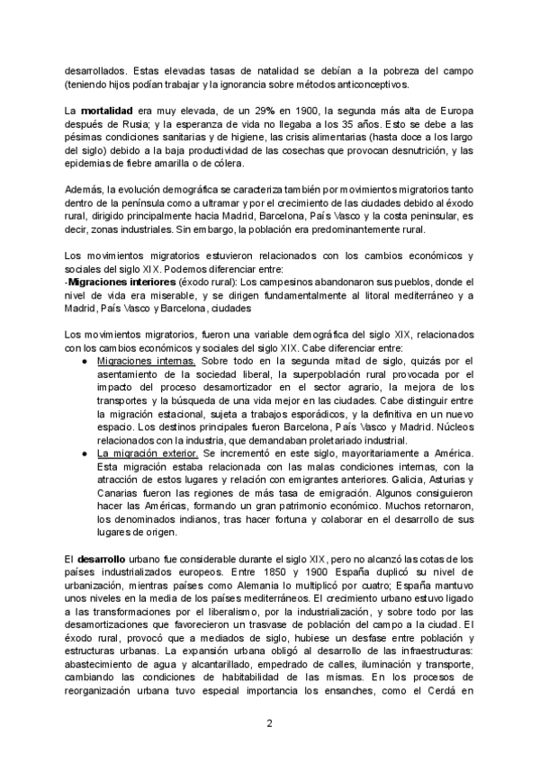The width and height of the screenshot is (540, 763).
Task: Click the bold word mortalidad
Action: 110,108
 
